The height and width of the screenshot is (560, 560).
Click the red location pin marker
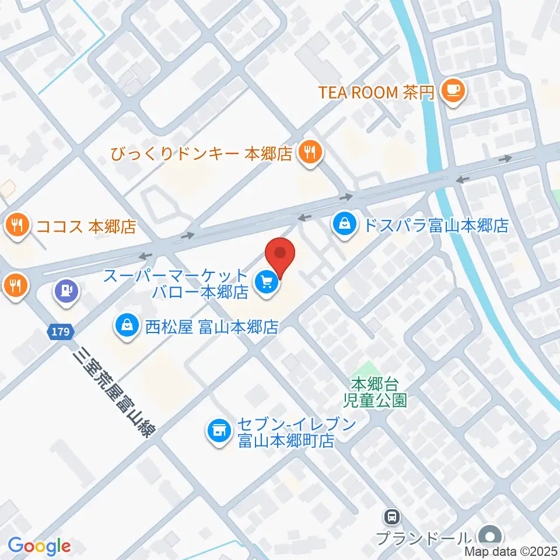(281, 254)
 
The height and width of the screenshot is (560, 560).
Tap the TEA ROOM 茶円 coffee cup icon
(453, 90)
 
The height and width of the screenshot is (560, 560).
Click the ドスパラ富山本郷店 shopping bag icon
(346, 222)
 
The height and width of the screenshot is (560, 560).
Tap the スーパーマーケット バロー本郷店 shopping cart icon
(267, 283)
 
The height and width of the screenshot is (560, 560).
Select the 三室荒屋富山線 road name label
(116, 389)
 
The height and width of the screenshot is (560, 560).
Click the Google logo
(40, 546)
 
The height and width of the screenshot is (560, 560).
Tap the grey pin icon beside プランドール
(490, 535)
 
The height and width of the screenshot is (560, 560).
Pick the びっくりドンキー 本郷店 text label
(202, 155)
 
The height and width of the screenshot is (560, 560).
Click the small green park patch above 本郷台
(365, 369)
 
